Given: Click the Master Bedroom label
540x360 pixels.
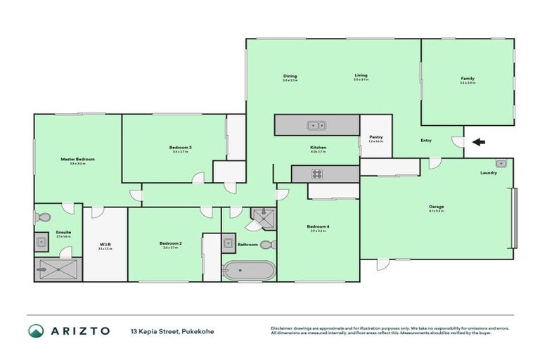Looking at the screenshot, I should [x=77, y=160].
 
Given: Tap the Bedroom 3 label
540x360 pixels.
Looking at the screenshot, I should [x=181, y=147].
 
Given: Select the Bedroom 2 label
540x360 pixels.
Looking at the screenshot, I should [x=172, y=243].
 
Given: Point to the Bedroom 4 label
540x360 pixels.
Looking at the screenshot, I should [x=317, y=226].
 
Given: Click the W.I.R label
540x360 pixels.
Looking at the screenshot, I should [x=105, y=245].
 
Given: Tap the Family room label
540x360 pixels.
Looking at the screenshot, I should [x=468, y=78].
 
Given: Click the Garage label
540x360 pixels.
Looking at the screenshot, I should [x=437, y=207].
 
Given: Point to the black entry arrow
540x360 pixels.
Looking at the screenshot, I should [x=479, y=142].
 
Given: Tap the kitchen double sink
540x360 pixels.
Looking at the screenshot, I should [x=315, y=126].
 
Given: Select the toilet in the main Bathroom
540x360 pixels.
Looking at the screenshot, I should [x=266, y=245].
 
